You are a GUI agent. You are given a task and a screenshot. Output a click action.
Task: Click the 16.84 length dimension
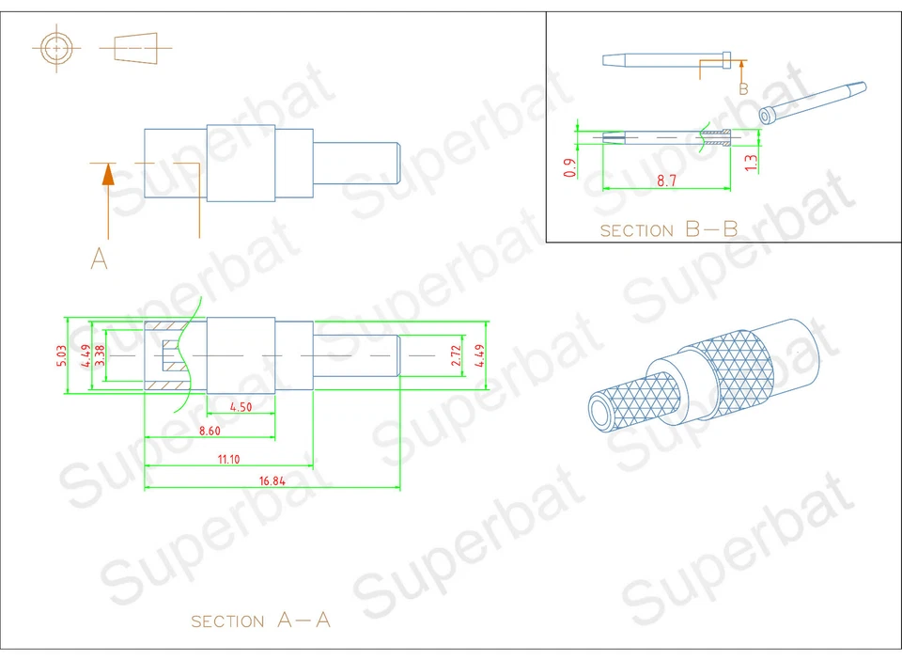click(272, 480)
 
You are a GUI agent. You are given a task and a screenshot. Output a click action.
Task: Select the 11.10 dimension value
click(227, 459)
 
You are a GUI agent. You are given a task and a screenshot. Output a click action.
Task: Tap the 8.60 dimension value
click(210, 430)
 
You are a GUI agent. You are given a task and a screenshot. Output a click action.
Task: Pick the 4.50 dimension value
click(241, 407)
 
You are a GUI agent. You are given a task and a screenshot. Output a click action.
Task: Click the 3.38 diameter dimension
click(99, 355)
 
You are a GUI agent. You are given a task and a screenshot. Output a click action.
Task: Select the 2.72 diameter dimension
click(457, 355)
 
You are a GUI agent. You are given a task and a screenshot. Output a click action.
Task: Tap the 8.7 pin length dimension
click(666, 181)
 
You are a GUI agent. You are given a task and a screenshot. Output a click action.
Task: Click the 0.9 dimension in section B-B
click(568, 167)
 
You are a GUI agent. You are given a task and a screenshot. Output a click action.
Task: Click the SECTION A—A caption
click(261, 621)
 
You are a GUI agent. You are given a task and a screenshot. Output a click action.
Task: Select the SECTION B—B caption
click(668, 229)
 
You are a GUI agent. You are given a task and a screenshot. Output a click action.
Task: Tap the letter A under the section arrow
click(99, 258)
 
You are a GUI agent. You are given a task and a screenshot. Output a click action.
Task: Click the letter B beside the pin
click(742, 89)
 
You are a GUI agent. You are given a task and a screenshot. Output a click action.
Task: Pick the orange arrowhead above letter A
click(108, 174)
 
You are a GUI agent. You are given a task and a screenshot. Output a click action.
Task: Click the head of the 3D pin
click(768, 116)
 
